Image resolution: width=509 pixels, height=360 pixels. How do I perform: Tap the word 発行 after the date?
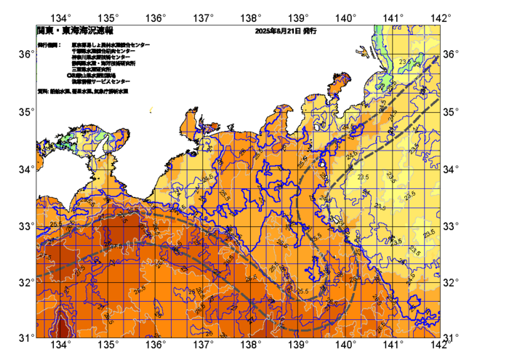pos(309,32)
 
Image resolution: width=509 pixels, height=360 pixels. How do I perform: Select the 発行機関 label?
pos(49,45)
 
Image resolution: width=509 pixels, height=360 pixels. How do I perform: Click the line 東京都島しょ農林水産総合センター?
pos(111,45)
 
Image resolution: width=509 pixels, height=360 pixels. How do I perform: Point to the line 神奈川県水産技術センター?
pos(101,57)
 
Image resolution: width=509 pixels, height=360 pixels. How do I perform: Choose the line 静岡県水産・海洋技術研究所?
pos(104,63)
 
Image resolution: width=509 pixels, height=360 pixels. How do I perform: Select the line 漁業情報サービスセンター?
pos(100,81)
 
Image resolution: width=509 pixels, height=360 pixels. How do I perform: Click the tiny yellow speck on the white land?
pos(151,110)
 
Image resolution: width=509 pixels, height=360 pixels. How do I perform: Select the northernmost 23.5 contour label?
pos(406,63)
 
